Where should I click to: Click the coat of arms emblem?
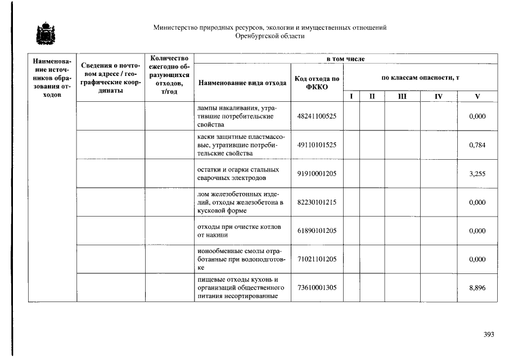(x=43, y=33)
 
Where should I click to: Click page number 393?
(x=488, y=335)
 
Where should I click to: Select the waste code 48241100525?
(x=317, y=116)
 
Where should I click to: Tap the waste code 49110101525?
(x=317, y=145)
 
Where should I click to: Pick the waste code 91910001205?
(x=317, y=174)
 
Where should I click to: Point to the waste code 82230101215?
(x=317, y=202)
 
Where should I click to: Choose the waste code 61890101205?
(x=317, y=231)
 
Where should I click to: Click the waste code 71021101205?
(x=317, y=259)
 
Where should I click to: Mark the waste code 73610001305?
(x=317, y=288)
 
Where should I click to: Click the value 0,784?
(x=477, y=145)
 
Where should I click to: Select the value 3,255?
(x=477, y=174)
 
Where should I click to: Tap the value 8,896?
(x=477, y=288)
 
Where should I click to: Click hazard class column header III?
(x=402, y=97)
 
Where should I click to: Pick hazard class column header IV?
(x=438, y=97)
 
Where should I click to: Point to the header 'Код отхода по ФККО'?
(x=317, y=83)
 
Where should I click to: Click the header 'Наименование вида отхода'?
(x=242, y=83)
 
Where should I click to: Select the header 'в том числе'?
(x=345, y=58)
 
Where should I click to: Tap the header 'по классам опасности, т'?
(x=420, y=77)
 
